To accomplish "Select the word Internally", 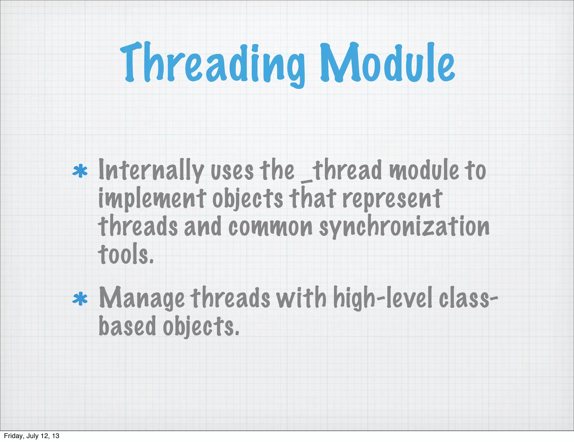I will pyautogui.click(x=151, y=171).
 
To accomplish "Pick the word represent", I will pyautogui.click(x=392, y=199).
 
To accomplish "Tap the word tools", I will pyautogui.click(x=126, y=254).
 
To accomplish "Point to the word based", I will pyautogui.click(x=127, y=326).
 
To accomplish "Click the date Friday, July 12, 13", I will pyautogui.click(x=32, y=436).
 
